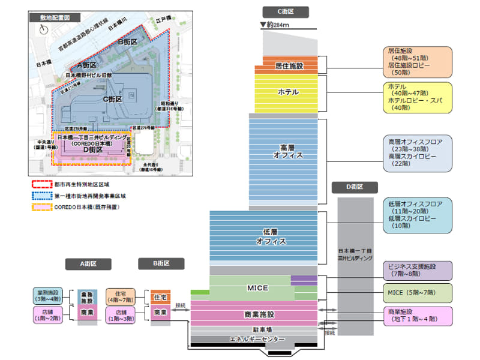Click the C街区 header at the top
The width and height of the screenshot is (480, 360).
tap(286, 12)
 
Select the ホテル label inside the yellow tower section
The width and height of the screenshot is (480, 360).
tap(290, 92)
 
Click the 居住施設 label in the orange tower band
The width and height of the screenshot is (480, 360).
tap(290, 65)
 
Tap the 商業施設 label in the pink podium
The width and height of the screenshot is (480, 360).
tap(259, 314)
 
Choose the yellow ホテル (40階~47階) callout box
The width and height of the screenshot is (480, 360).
tap(417, 97)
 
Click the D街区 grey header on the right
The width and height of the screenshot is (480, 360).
tap(355, 187)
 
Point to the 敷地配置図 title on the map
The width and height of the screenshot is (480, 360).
tap(55, 18)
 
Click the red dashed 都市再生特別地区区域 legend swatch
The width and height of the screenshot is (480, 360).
tap(42, 184)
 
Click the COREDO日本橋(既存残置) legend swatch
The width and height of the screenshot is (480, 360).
tap(42, 207)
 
